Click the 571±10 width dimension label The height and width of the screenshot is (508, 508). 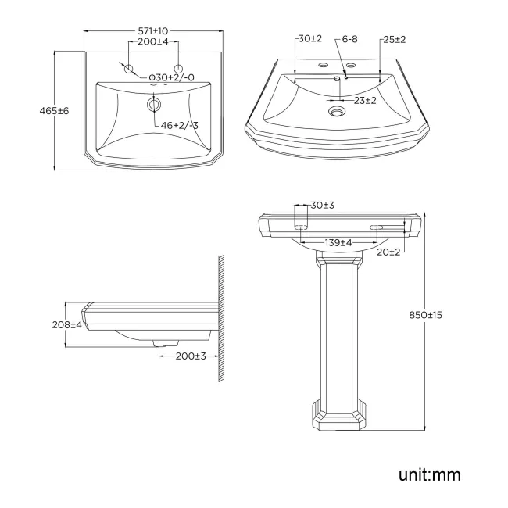click(x=154, y=30)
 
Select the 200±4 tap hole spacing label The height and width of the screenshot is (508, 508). click(x=154, y=41)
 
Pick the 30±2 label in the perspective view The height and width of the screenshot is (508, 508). click(x=310, y=39)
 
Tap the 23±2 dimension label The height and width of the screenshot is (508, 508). click(x=363, y=101)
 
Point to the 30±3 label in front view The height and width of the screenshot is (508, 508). click(x=322, y=205)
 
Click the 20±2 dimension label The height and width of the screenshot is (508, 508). click(x=388, y=252)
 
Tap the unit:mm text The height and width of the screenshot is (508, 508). click(x=430, y=474)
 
